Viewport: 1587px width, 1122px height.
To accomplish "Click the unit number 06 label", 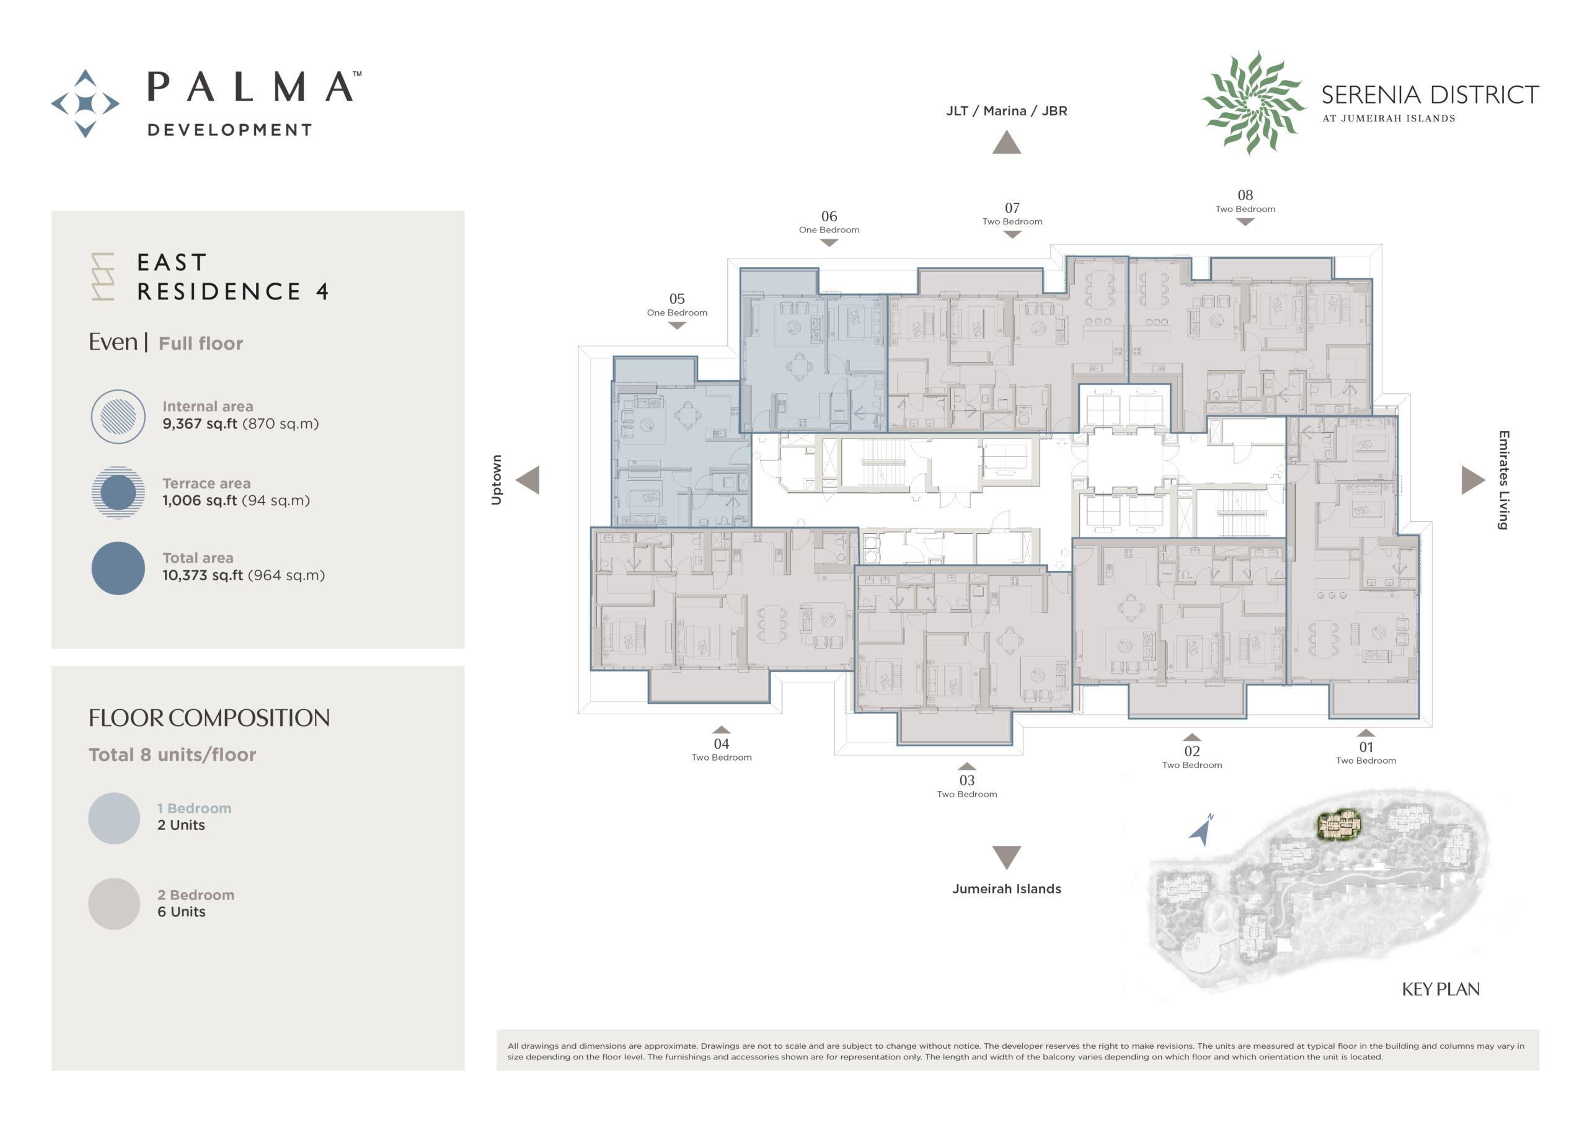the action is coord(829,216).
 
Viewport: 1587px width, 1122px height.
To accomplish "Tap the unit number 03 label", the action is coord(967,780).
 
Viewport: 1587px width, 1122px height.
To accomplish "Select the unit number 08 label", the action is coord(1245,196).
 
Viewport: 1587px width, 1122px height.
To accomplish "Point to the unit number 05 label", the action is coord(677,299).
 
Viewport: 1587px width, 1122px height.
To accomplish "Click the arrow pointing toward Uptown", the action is coord(528,480).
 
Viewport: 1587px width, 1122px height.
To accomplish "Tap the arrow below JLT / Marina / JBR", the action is coord(1006,143).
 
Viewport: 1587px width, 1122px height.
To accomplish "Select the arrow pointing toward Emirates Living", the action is coord(1473,480).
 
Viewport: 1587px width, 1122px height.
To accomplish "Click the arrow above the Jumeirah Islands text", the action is coord(1006,857).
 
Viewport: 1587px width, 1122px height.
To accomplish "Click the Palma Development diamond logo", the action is coord(85,104).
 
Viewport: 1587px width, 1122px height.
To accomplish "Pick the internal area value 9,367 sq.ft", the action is coord(200,424).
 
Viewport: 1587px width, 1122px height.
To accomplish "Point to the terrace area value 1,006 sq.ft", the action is coord(200,500).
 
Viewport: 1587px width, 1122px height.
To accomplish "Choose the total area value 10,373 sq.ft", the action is coord(203,575).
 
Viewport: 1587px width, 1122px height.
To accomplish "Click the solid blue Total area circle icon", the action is coord(118,568).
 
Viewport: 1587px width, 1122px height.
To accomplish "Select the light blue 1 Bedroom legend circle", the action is coord(114,818).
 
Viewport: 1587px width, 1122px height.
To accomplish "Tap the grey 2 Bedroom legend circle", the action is coord(114,904).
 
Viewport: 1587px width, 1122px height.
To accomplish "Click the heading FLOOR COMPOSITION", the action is coord(209,718).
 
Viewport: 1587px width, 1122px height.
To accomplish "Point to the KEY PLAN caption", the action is coord(1441,989).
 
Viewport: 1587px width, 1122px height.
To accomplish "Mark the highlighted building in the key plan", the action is coord(1339,824).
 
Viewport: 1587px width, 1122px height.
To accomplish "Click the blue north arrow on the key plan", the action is coord(1202,830).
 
